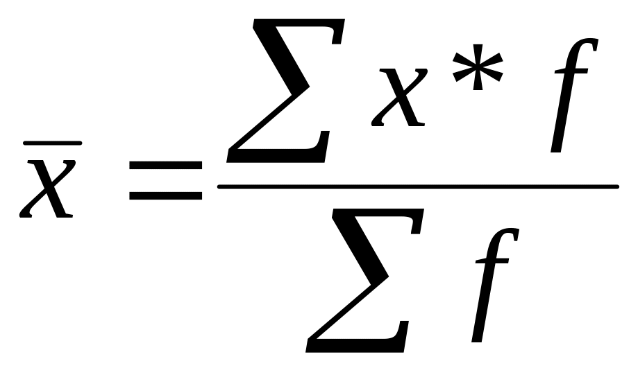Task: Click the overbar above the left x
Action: coord(53,143)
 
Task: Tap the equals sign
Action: coord(165,182)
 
